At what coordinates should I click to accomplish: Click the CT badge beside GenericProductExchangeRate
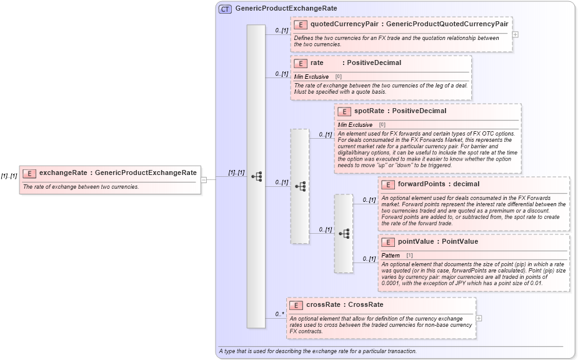(225, 9)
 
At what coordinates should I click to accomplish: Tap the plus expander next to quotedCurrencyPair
(515, 34)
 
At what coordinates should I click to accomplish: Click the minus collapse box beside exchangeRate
(204, 180)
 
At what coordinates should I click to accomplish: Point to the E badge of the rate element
(301, 63)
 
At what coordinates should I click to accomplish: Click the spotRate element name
(369, 111)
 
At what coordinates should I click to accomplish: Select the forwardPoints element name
(421, 184)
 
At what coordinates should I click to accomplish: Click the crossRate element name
(324, 305)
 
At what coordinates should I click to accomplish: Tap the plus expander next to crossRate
(479, 318)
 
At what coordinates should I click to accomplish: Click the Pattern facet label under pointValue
(391, 255)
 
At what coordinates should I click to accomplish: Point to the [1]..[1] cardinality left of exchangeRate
(9, 177)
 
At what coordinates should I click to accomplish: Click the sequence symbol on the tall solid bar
(256, 177)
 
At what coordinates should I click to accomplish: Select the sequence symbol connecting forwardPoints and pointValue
(344, 233)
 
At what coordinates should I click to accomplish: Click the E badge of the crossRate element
(296, 305)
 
